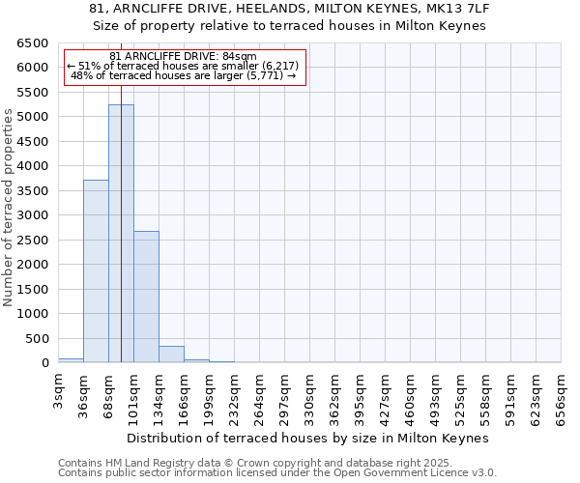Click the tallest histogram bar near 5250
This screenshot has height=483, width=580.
121,234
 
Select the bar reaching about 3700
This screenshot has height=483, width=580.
96,271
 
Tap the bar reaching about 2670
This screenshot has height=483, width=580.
146,297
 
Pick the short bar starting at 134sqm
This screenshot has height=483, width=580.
171,355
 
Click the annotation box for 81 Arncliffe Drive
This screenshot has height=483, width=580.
184,67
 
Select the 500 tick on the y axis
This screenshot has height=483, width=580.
37,339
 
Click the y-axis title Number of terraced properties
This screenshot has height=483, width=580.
9,207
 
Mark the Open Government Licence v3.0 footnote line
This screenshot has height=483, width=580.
277,473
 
